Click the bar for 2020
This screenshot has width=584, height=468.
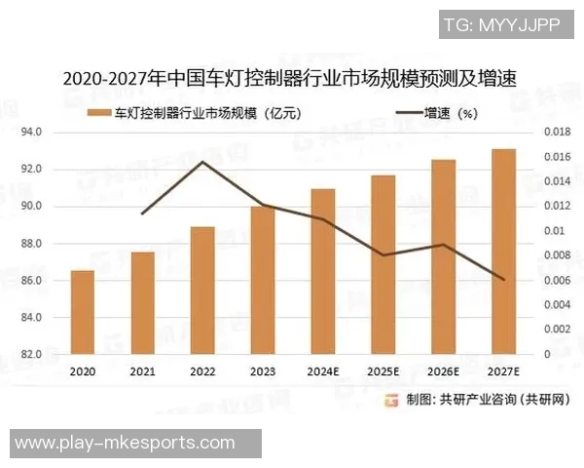pyautogui.click(x=83, y=312)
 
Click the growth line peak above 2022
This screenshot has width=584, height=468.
pyautogui.click(x=202, y=162)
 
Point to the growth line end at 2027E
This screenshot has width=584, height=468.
pyautogui.click(x=503, y=280)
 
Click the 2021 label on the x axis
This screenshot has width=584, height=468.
pyautogui.click(x=143, y=371)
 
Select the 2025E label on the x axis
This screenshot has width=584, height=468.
pyautogui.click(x=383, y=371)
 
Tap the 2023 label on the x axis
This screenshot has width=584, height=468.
pyautogui.click(x=263, y=371)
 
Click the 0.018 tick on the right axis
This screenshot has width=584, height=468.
pyautogui.click(x=555, y=132)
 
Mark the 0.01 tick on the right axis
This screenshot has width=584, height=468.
pyautogui.click(x=551, y=231)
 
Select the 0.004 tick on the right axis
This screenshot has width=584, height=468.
pyautogui.click(x=555, y=305)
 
